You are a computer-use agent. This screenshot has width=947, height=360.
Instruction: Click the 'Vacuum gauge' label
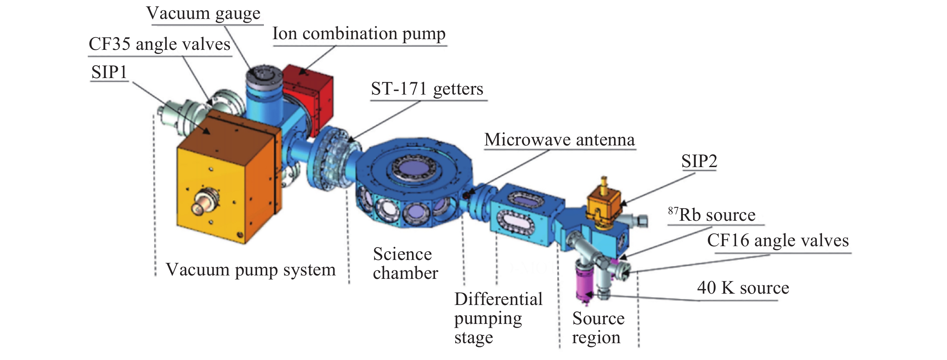[x=203, y=14]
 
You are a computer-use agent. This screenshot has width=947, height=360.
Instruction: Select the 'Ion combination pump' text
[x=359, y=34]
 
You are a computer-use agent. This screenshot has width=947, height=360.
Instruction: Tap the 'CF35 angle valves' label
[x=159, y=44]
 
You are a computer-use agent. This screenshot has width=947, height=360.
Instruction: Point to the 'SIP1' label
[x=109, y=72]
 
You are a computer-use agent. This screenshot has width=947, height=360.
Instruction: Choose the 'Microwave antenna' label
[x=559, y=140]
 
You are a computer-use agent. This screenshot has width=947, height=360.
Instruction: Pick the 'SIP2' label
[x=699, y=161]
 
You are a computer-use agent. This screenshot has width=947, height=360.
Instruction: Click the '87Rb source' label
[x=712, y=215]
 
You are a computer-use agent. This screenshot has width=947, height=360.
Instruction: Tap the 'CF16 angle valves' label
[x=778, y=241]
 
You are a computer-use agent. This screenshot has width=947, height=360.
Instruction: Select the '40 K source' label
[x=743, y=288]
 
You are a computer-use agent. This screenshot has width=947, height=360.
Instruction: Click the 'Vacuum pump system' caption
[x=250, y=270]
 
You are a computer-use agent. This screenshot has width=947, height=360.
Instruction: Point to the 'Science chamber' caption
[x=405, y=264]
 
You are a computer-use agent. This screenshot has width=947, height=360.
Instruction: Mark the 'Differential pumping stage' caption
[x=498, y=318]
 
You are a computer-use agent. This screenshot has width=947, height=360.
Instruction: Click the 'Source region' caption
[x=598, y=328]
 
